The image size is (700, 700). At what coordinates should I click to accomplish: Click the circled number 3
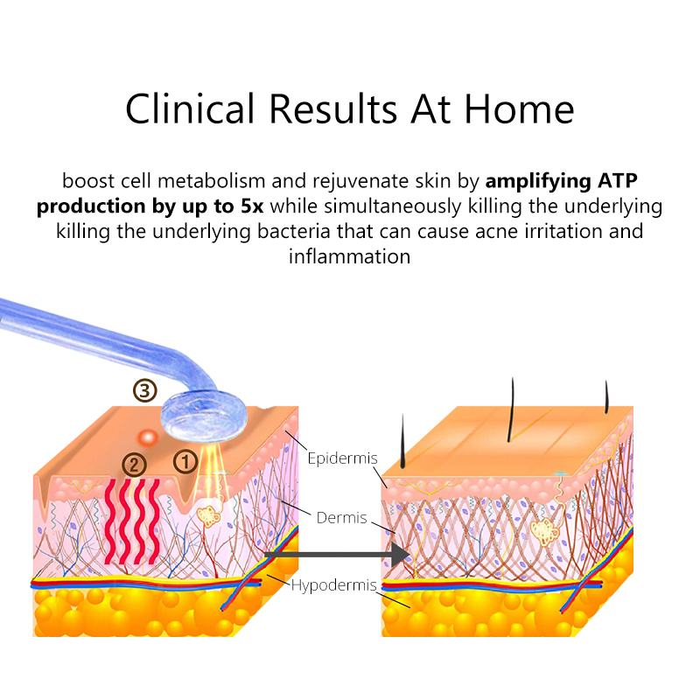coord(145,391)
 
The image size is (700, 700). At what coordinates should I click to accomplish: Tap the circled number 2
coord(134,465)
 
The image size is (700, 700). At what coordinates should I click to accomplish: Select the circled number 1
coord(185,462)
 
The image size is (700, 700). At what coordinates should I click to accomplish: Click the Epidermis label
coord(342,458)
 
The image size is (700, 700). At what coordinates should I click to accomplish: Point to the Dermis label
coord(341,518)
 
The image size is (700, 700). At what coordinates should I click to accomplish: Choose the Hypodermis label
coord(334,585)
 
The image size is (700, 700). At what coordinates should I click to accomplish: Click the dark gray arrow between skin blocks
coord(337,555)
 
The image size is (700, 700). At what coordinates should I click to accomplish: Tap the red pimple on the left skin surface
coord(147,437)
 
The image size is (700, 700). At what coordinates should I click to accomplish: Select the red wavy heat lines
coord(132,521)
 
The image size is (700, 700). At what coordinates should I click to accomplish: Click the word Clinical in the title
coord(190,109)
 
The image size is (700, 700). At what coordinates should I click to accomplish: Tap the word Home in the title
coord(519,109)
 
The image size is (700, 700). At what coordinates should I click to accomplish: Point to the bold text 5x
coord(252,206)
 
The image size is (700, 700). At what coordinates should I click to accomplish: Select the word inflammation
coord(349,256)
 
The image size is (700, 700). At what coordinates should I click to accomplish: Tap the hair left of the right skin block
coord(402,441)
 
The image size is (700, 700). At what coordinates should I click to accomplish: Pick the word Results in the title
coord(333,109)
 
